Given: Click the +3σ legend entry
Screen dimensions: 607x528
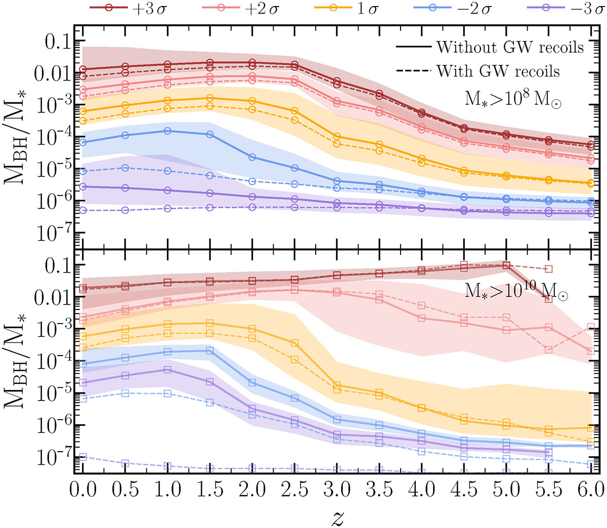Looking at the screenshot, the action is click(128, 9).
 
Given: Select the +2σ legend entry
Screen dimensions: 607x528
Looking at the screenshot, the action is click(241, 9).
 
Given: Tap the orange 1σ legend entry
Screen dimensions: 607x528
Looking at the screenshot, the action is click(347, 9).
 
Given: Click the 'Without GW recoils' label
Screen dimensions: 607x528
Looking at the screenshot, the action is click(510, 48).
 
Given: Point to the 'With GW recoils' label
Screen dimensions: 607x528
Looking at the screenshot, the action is click(498, 71).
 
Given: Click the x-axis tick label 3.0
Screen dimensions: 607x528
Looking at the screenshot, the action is click(337, 489).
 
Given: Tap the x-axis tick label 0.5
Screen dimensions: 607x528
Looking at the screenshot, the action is click(125, 489).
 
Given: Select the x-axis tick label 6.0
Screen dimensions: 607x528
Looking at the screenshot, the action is click(591, 489).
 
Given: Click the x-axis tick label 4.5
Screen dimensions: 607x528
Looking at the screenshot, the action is click(464, 489).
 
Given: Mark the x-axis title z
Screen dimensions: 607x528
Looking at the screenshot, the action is click(337, 517).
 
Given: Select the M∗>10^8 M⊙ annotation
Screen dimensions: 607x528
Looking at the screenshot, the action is click(512, 99).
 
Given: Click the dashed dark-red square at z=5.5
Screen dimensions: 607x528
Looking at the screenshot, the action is click(548, 269).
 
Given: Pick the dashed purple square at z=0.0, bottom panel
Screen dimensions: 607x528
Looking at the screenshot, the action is click(83, 457).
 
